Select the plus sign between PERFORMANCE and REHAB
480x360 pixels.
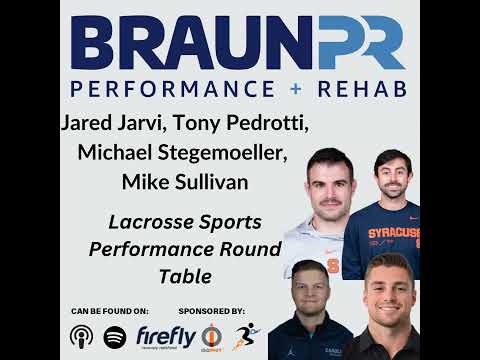(x=295, y=89)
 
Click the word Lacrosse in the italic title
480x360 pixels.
(x=150, y=220)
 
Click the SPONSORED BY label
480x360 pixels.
(x=210, y=310)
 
